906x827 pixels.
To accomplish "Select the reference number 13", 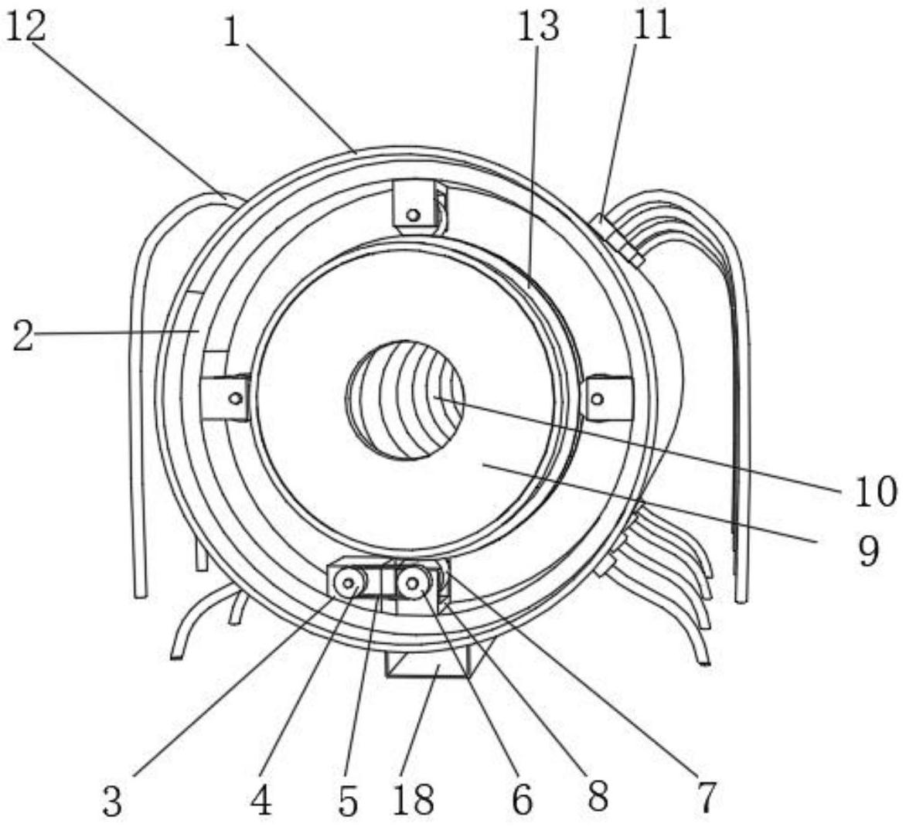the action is point(538,26).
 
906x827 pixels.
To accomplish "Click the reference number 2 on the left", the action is point(22,337).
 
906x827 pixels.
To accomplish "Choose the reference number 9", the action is point(868,550).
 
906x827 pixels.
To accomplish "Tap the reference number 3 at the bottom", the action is point(113,801).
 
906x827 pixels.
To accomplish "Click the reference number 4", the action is point(261,801).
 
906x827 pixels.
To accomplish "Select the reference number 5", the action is point(349,801).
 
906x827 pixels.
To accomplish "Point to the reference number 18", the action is point(413,800).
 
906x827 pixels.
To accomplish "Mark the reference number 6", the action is point(523,800).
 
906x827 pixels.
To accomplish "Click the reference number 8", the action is point(598,796).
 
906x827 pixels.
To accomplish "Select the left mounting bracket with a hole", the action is point(226,397).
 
